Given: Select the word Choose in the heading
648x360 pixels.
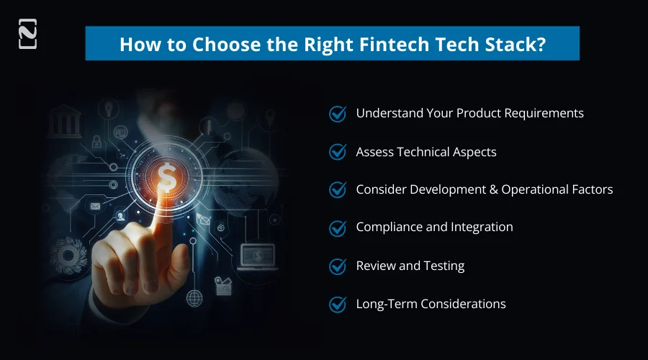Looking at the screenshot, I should pyautogui.click(x=199, y=44).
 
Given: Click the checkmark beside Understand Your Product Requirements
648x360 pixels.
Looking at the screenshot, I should pyautogui.click(x=338, y=114).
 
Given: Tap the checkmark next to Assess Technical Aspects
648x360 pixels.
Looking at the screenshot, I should pyautogui.click(x=338, y=152).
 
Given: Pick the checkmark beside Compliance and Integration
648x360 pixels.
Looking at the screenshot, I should pyautogui.click(x=338, y=228).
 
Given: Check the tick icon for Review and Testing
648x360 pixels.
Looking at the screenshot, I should pyautogui.click(x=338, y=266).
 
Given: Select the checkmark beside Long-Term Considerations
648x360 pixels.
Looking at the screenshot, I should pyautogui.click(x=338, y=304).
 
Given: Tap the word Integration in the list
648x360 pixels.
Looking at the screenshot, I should pyautogui.click(x=482, y=228).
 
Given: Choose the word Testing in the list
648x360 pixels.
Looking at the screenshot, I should pyautogui.click(x=444, y=266).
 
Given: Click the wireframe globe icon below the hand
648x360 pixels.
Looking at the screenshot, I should pyautogui.click(x=194, y=297).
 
